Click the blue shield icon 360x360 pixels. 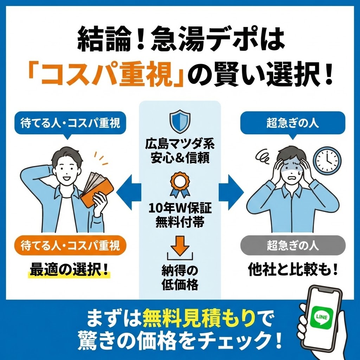[180, 121]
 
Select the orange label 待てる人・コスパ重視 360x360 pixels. [70, 245]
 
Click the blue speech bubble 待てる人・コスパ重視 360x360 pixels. [70, 124]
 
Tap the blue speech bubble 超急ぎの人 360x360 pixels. [292, 123]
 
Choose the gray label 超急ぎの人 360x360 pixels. [292, 245]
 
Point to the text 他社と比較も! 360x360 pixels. [292, 269]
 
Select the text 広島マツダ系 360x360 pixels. [180, 144]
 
